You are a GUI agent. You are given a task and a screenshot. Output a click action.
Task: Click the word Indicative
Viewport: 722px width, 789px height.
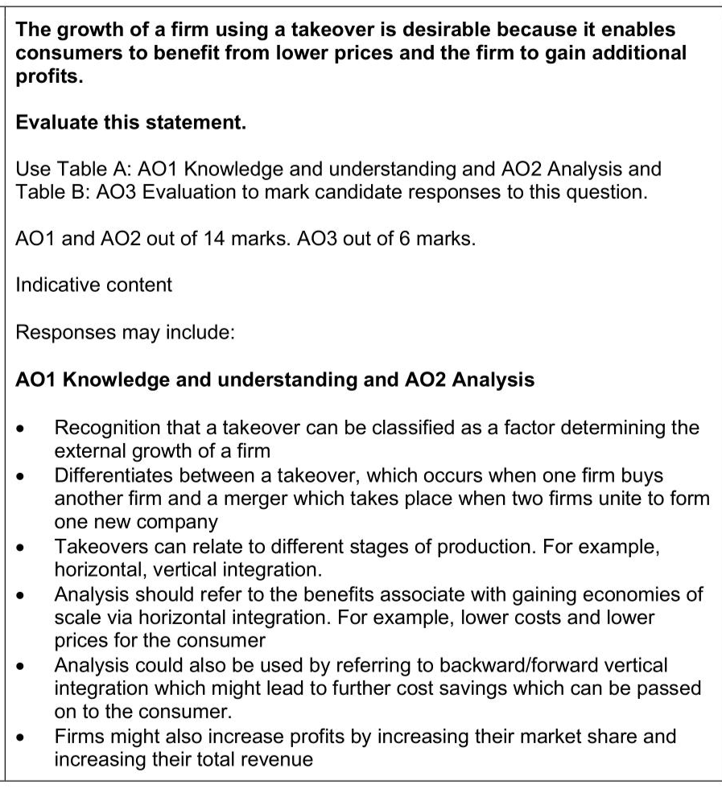point(53,286)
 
